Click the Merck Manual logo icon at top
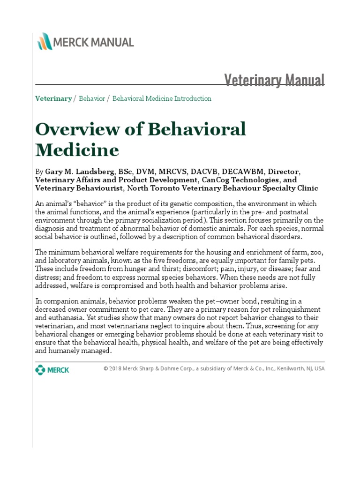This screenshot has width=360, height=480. coord(45,42)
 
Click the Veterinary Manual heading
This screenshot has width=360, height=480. coord(274,80)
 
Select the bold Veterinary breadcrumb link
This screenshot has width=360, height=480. coord(53,98)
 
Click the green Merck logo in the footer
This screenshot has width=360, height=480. coord(52,370)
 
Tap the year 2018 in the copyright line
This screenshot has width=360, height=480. coord(119,368)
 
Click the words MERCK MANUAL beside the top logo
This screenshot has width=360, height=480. coord(94,42)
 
